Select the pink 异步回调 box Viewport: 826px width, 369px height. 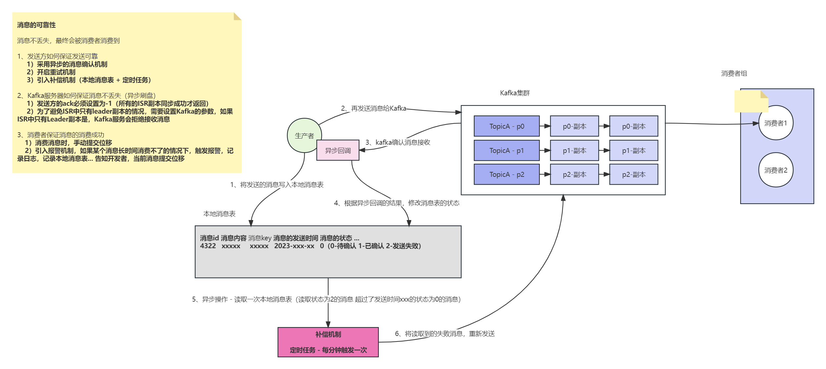coord(338,150)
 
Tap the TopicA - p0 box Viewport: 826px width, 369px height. coord(507,126)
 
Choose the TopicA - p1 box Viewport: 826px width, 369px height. coord(507,150)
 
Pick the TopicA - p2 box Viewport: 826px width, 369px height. coord(507,175)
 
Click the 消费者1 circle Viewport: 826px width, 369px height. coord(776,123)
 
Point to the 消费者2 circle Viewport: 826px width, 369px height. coord(776,170)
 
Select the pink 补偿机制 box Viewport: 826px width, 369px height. coord(328,342)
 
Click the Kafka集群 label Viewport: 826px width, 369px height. coord(515,93)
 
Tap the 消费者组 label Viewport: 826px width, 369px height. coord(734,73)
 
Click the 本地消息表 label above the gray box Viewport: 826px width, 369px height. coord(219,214)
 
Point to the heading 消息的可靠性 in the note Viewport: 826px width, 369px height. coord(36,25)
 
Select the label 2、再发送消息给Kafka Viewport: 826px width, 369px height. coord(373,108)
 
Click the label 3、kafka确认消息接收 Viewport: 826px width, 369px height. coord(398,142)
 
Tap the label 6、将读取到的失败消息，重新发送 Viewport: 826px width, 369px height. coord(445,334)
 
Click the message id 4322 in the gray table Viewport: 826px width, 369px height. coord(208,246)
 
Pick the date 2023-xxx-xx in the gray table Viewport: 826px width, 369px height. coord(294,246)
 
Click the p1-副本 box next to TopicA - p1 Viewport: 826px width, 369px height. coord(574,150)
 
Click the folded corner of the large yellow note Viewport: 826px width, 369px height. coord(237,16)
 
